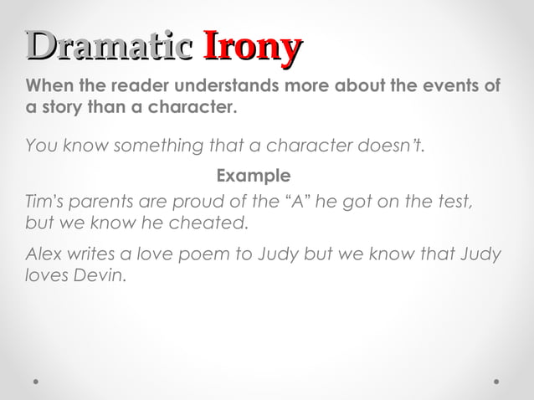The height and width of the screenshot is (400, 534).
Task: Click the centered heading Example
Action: (254, 176)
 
